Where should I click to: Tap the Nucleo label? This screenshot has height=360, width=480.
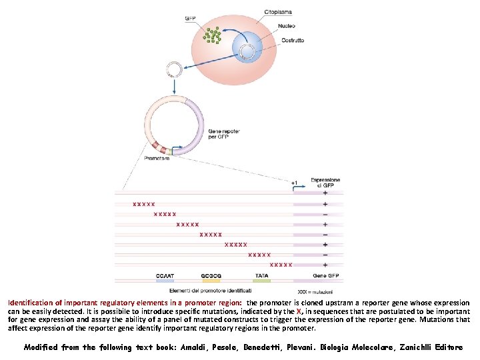(289, 27)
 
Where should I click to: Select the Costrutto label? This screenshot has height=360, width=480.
(292, 40)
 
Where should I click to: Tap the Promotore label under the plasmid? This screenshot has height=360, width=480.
(157, 158)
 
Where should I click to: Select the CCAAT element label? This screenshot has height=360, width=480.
(165, 275)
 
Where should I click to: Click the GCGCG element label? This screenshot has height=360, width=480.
(211, 275)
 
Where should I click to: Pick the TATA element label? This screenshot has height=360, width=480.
(261, 275)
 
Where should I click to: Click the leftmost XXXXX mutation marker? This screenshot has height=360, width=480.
(143, 204)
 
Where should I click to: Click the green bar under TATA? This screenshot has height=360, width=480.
(261, 281)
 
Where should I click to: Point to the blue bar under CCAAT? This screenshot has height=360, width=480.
(165, 281)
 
